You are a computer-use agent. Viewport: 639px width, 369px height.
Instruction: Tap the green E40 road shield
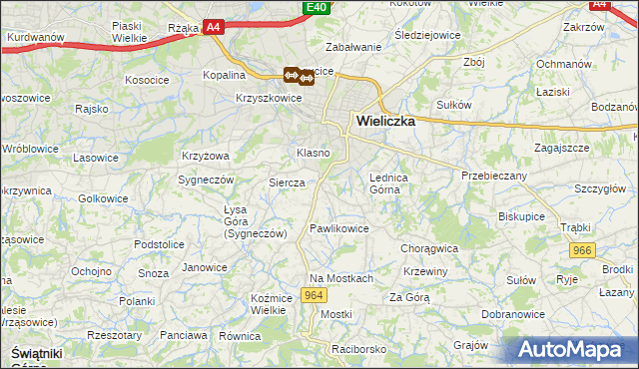[317, 8]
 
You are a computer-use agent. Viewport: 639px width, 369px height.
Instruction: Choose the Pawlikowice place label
[339, 228]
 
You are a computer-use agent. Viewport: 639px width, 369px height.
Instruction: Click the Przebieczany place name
[493, 175]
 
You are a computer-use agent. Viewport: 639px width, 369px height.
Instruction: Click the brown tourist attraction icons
[299, 74]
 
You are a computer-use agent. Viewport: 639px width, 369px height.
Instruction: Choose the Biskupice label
[522, 213]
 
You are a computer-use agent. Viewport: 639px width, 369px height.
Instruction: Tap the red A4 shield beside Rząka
[214, 29]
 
